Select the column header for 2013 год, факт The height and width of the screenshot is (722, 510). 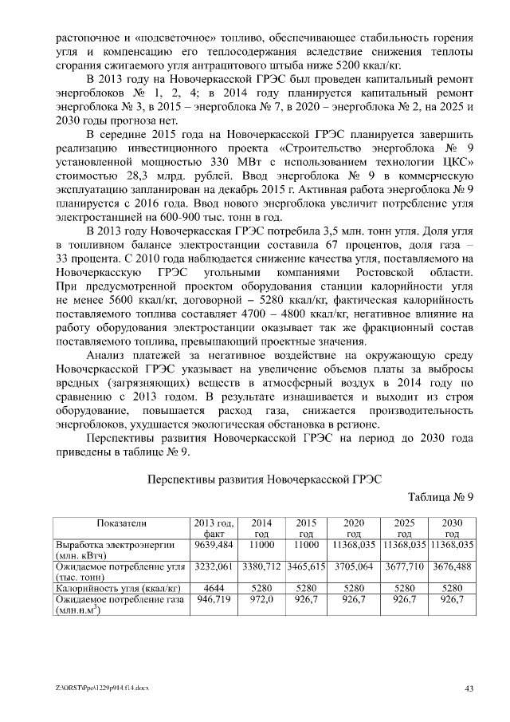click(214, 528)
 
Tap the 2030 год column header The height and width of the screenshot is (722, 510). click(452, 528)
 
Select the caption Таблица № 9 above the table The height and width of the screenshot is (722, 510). click(441, 497)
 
